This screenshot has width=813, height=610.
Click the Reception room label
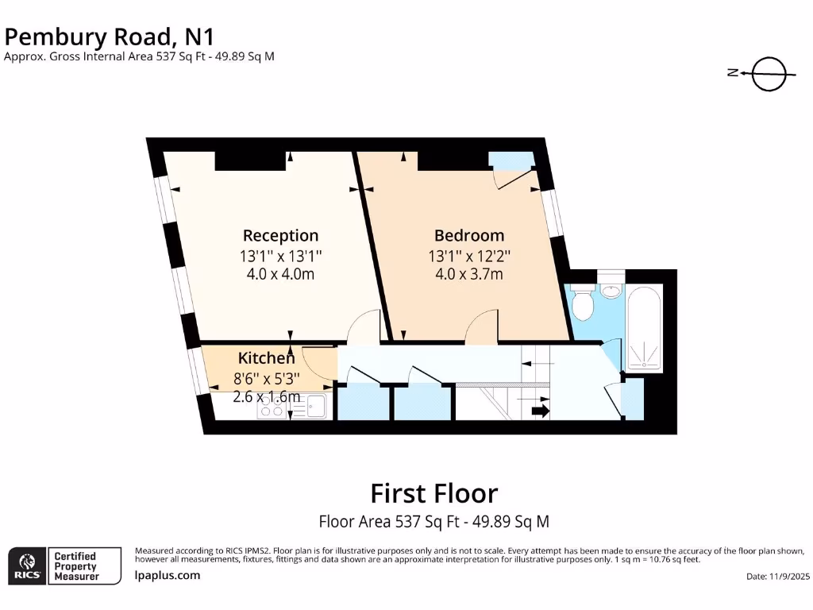[280, 235]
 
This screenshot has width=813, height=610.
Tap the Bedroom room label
[468, 235]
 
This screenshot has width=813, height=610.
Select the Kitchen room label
[266, 358]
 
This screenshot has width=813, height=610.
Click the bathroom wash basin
[611, 290]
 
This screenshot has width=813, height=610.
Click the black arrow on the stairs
[540, 411]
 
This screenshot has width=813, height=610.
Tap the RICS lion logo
[27, 566]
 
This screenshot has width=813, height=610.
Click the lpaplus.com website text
[168, 575]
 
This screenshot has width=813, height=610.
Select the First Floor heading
[433, 493]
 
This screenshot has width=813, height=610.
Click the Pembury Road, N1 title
[110, 37]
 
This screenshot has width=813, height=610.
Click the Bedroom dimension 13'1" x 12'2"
[468, 256]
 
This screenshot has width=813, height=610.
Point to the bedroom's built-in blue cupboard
[511, 160]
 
